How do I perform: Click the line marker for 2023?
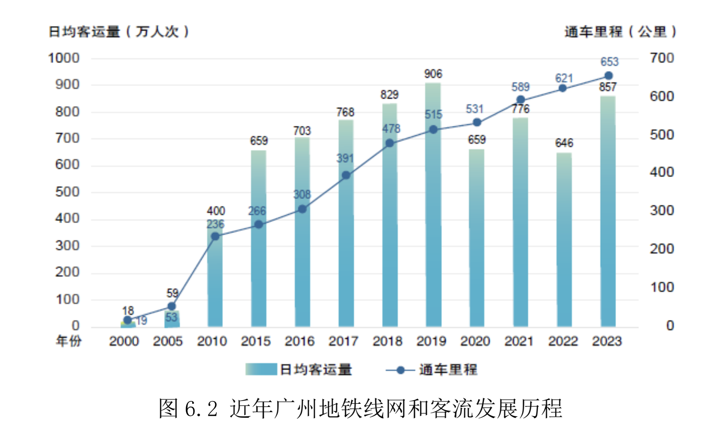609,76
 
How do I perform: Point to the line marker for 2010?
215,237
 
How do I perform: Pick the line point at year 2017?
346,175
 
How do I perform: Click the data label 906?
433,74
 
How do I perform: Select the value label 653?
609,62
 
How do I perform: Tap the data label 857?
608,87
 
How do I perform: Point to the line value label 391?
345,158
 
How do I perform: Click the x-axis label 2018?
388,341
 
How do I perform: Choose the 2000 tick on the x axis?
124,341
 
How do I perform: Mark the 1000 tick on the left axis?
64,58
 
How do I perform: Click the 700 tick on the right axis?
662,58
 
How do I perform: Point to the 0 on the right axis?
670,325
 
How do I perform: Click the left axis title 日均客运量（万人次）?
119,32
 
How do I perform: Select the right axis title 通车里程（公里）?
620,32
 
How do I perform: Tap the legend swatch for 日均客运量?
261,369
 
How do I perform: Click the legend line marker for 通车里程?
400,370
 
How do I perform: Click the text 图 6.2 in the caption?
188,408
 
